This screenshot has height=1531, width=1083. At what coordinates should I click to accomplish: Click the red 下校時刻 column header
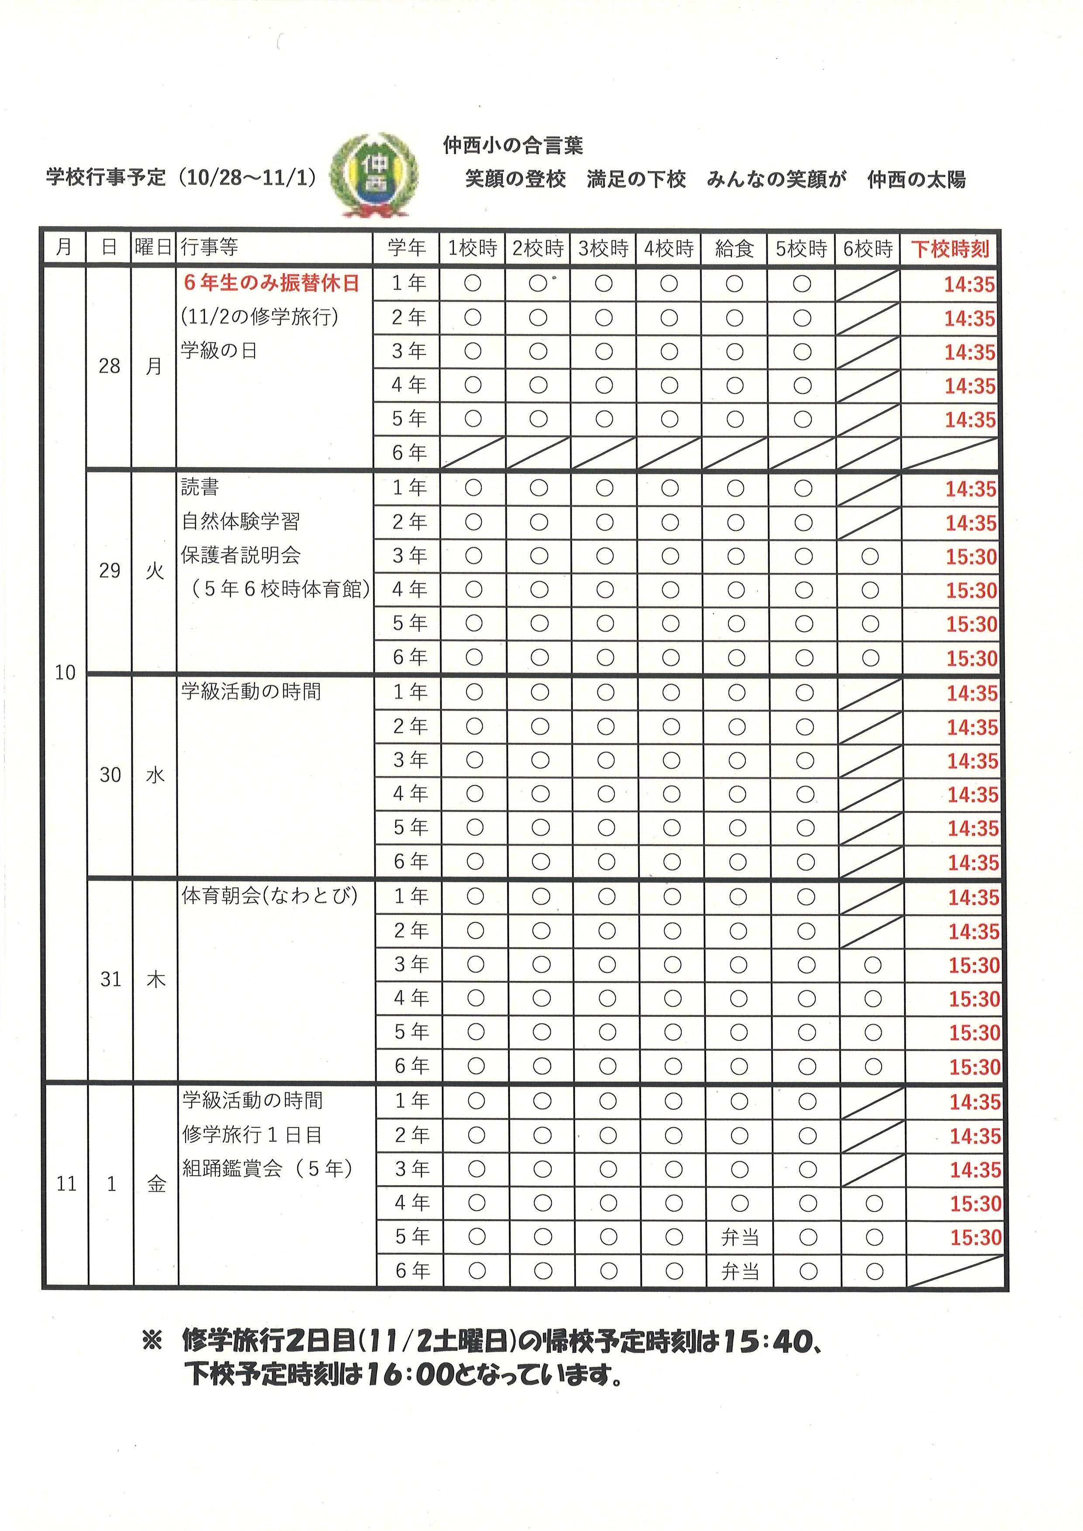tap(950, 249)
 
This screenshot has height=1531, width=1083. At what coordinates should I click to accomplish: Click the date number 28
tap(109, 366)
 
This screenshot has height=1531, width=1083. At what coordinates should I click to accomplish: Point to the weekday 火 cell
tap(155, 571)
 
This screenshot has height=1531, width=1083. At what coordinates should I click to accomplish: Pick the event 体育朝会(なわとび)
tap(269, 895)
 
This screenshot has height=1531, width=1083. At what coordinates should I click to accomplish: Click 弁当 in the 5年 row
tap(740, 1238)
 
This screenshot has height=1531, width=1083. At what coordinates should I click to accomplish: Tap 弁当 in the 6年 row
tap(740, 1272)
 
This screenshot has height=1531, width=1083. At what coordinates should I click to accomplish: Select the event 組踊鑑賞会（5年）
tap(267, 1168)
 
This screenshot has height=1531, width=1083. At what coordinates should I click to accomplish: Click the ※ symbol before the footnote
tap(153, 1342)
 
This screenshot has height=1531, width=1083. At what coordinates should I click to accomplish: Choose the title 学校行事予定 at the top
tap(105, 177)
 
